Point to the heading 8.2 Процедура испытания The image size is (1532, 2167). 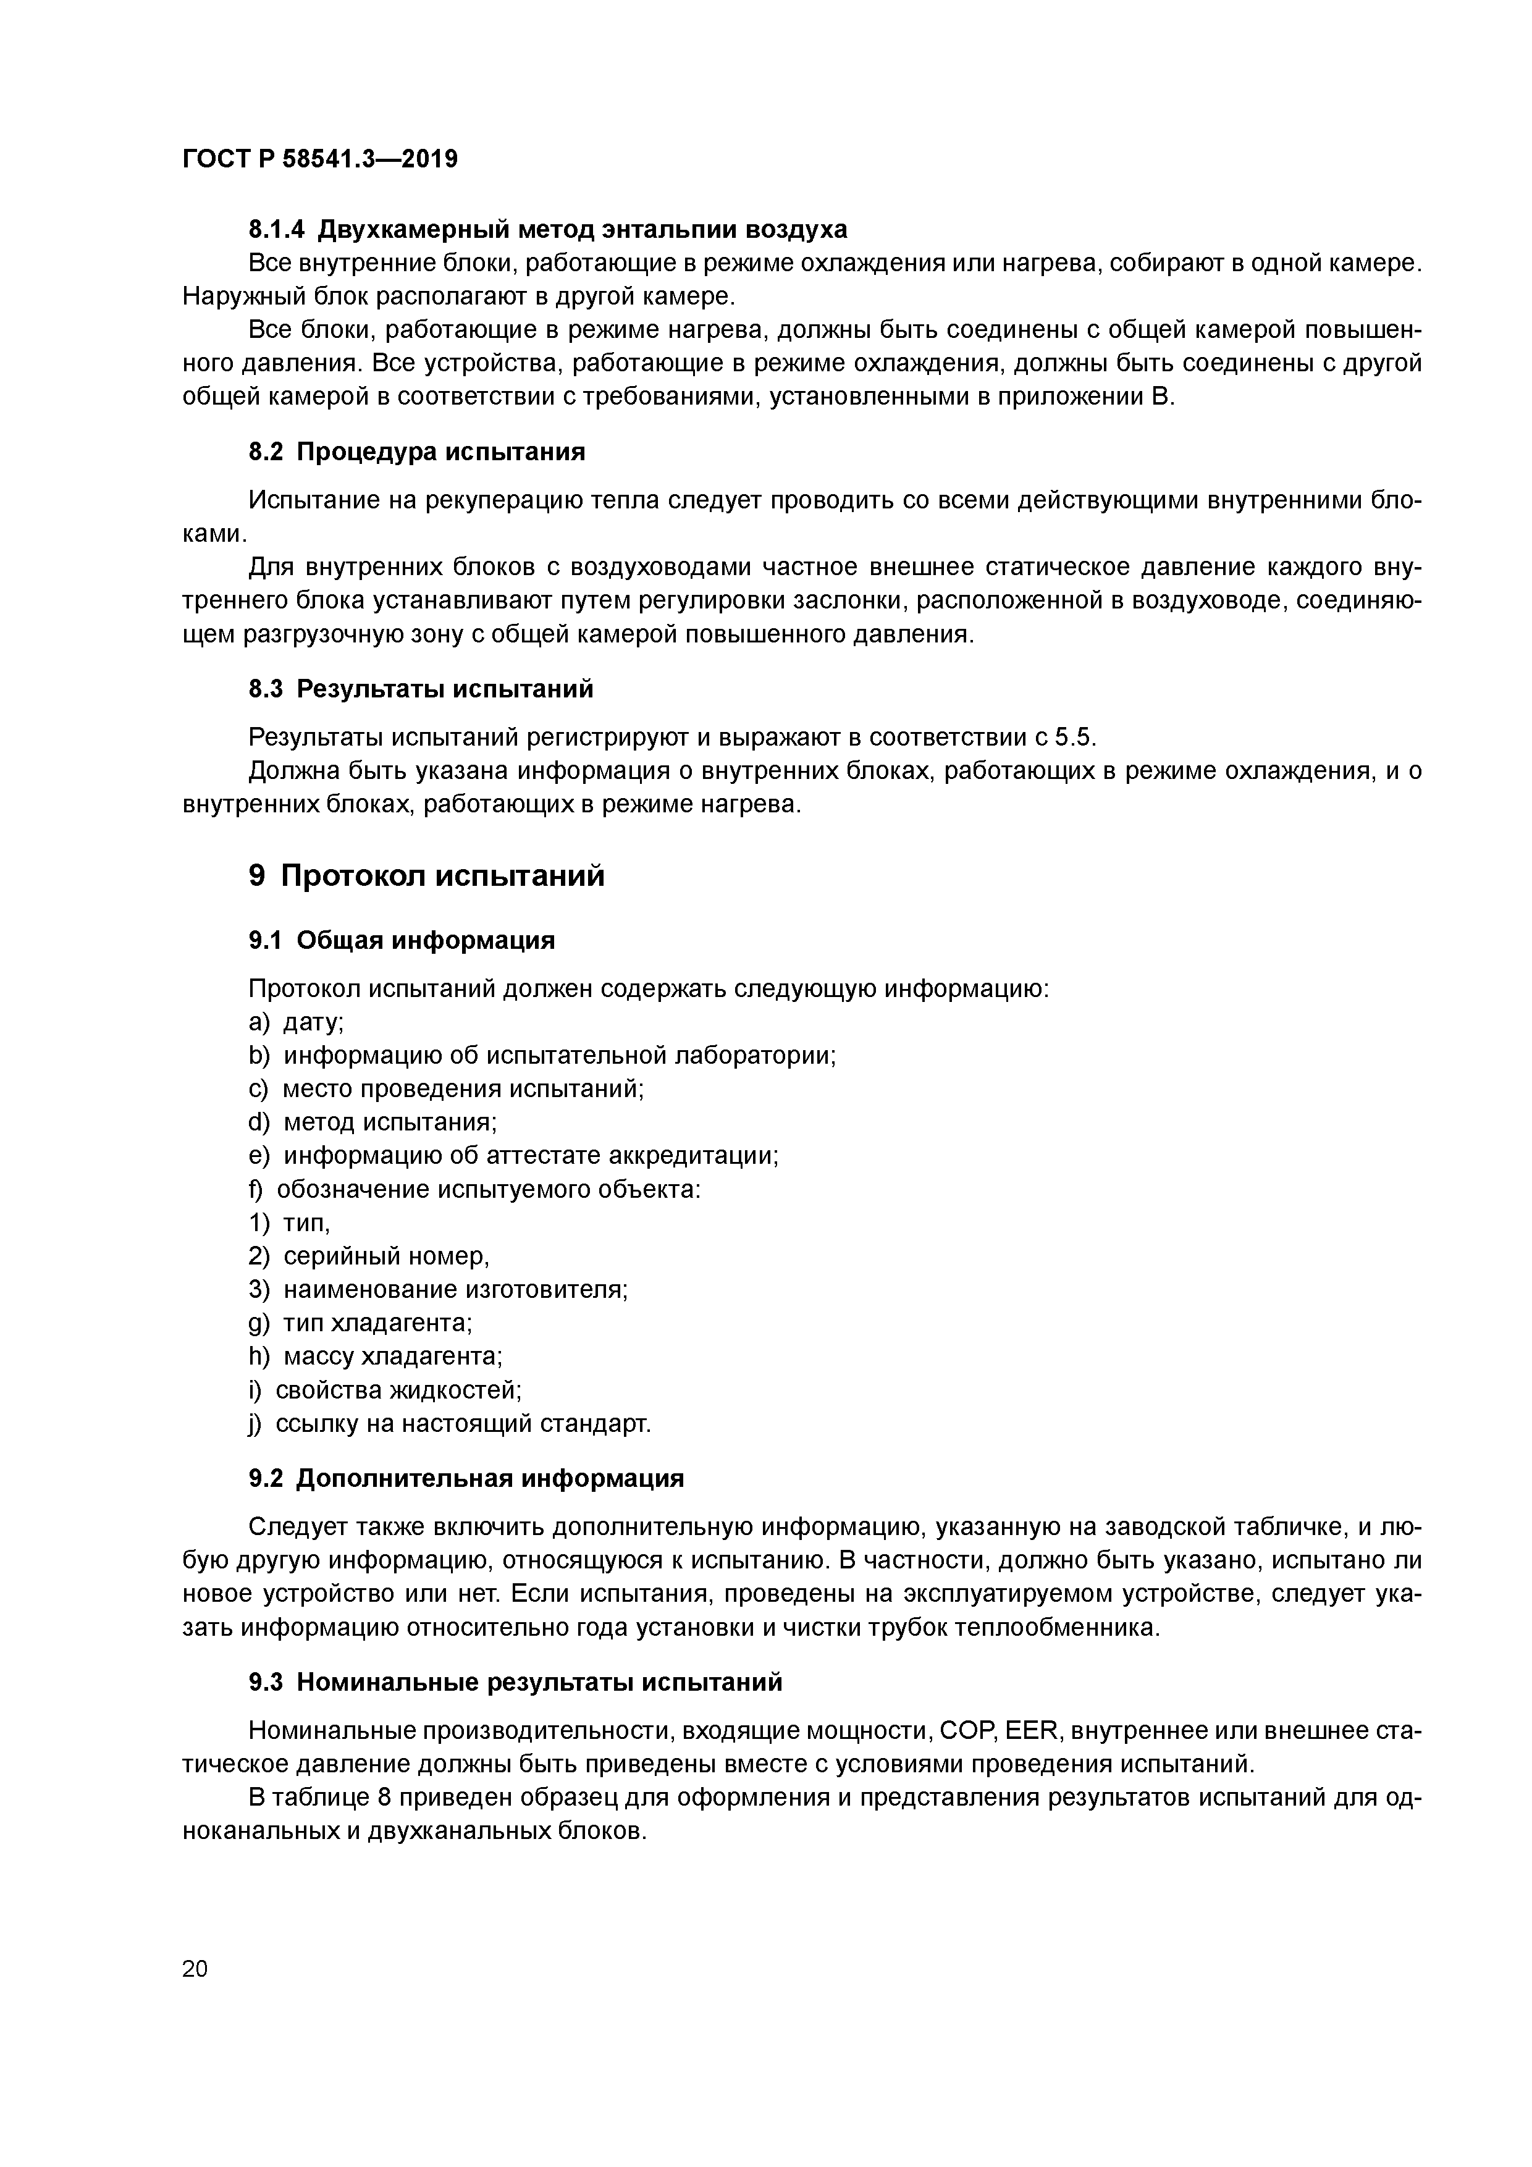(x=416, y=452)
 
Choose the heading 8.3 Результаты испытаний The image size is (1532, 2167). (x=421, y=689)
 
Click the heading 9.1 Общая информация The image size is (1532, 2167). (x=401, y=940)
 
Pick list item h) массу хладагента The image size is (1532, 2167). (x=376, y=1357)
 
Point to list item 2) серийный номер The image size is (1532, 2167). (x=369, y=1256)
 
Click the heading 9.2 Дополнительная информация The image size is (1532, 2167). (x=466, y=1478)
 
